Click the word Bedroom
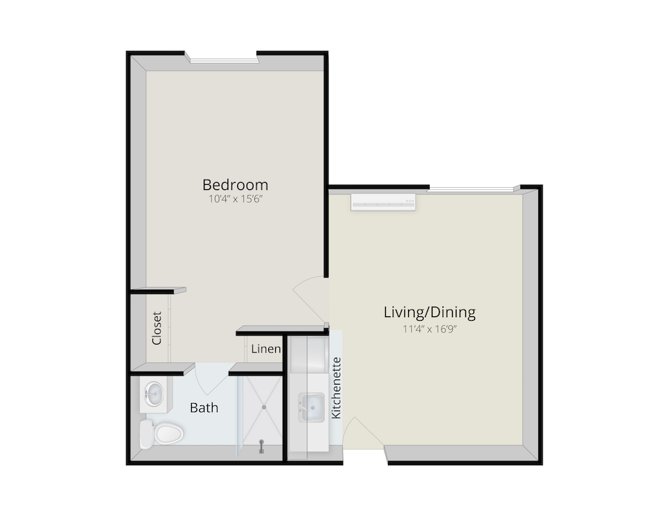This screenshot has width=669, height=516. pyautogui.click(x=235, y=184)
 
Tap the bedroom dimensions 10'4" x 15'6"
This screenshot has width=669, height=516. pyautogui.click(x=235, y=199)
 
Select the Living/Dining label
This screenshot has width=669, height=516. pyautogui.click(x=429, y=312)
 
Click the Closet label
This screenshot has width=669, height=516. pyautogui.click(x=157, y=328)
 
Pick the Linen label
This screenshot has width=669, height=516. pyautogui.click(x=265, y=349)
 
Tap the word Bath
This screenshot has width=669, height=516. pyautogui.click(x=204, y=408)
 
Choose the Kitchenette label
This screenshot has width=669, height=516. pyautogui.click(x=336, y=388)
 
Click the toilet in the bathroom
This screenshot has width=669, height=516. pyautogui.click(x=162, y=433)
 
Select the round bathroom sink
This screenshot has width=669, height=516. pyautogui.click(x=155, y=395)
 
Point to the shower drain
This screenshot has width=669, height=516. pyautogui.click(x=264, y=407)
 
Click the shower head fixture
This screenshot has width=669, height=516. pyautogui.click(x=262, y=445)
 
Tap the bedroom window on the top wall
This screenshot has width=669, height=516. pyautogui.click(x=222, y=58)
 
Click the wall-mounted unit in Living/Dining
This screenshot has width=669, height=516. pyautogui.click(x=383, y=201)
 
